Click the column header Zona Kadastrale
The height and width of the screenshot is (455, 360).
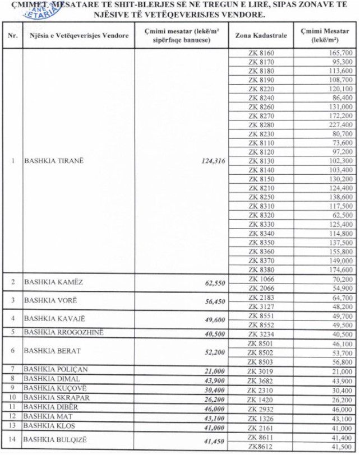[x=261, y=35]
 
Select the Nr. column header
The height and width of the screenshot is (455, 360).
[x=12, y=35]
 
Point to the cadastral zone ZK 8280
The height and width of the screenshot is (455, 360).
[x=261, y=125]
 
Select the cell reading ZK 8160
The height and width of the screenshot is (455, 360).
[x=261, y=53]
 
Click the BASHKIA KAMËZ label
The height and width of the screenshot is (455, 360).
[x=53, y=282]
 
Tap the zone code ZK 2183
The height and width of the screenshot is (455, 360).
[x=261, y=298]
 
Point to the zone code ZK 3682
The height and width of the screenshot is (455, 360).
[x=261, y=379]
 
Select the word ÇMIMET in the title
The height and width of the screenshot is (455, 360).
[x=20, y=5]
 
